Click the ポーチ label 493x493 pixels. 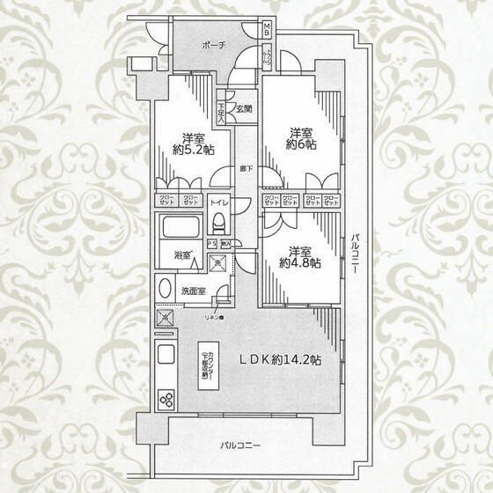click(x=214, y=44)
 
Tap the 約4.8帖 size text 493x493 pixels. click(x=300, y=261)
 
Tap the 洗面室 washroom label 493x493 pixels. click(x=194, y=290)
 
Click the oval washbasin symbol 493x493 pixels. click(x=165, y=289)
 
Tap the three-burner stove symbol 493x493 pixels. click(x=166, y=399)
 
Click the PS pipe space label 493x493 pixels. click(x=210, y=243)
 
